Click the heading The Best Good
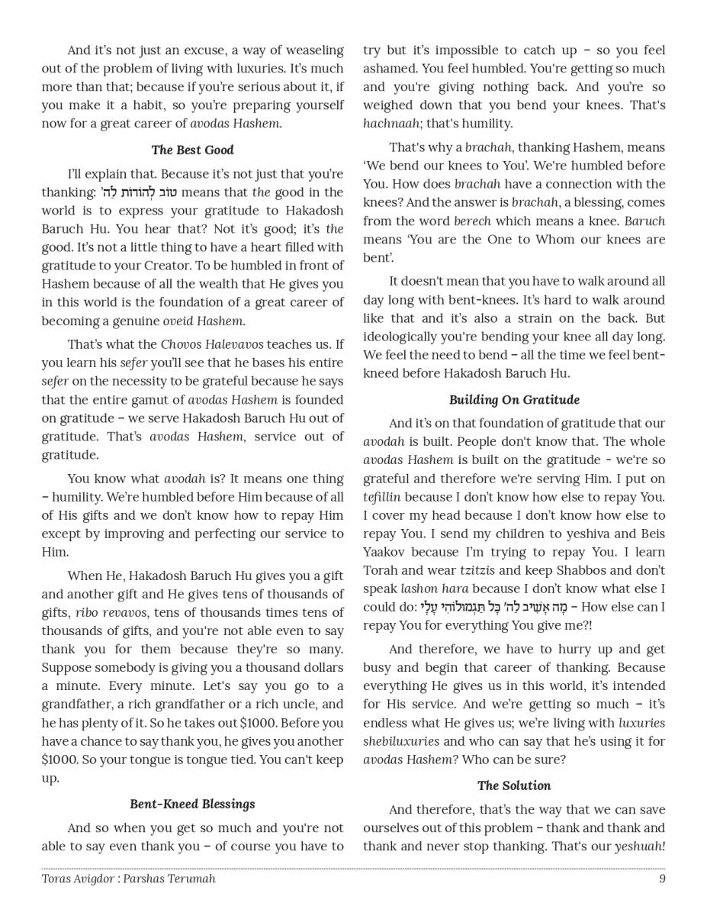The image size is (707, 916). pos(192,150)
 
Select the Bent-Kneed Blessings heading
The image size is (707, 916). pos(192,804)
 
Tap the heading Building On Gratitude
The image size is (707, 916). pos(514,399)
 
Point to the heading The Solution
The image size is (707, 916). pos(514,785)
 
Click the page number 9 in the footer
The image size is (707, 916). pos(662,879)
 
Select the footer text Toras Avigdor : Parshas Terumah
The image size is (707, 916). pos(128,879)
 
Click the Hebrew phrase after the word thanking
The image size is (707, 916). pos(140,192)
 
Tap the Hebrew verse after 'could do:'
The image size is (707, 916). pos(493,608)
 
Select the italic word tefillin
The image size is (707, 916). pos(382,497)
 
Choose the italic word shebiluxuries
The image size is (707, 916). pos(401,741)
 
